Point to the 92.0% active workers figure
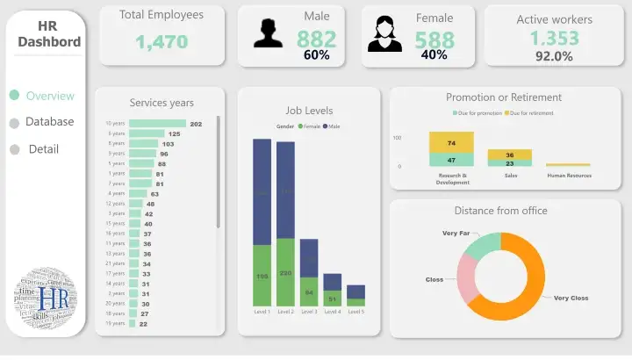554,57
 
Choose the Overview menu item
50,96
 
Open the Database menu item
49,122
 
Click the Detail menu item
43,149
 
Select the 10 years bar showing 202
157,124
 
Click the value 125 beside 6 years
174,134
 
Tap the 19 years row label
115,324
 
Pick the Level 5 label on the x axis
355,312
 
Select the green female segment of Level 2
285,272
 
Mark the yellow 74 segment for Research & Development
451,143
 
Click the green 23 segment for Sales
509,163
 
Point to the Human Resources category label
568,176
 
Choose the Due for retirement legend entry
529,113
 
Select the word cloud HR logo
47,299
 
